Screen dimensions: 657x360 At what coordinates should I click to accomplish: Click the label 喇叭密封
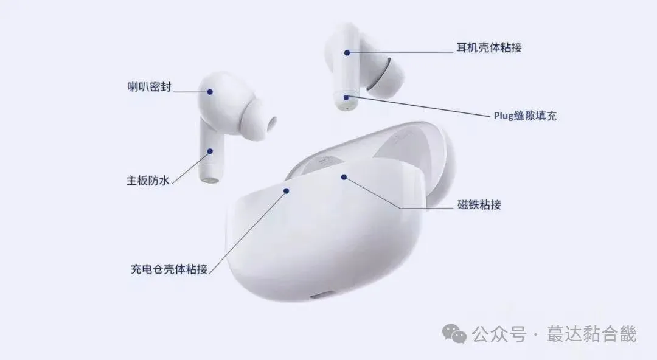[x=145, y=88]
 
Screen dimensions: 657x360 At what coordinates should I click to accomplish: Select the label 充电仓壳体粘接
[x=170, y=269]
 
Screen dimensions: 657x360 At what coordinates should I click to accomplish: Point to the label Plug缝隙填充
[x=525, y=116]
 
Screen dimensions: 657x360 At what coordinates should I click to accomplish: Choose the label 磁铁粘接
[x=479, y=205]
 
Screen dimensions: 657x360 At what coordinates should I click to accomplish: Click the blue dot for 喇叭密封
[x=210, y=92]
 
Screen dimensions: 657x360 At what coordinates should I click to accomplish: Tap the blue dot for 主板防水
[x=210, y=151]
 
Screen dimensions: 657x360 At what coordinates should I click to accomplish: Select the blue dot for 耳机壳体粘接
[x=347, y=52]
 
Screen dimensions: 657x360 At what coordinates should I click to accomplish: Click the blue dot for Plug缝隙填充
[x=346, y=97]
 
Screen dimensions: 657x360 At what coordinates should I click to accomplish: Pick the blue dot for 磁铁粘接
[x=344, y=177]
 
